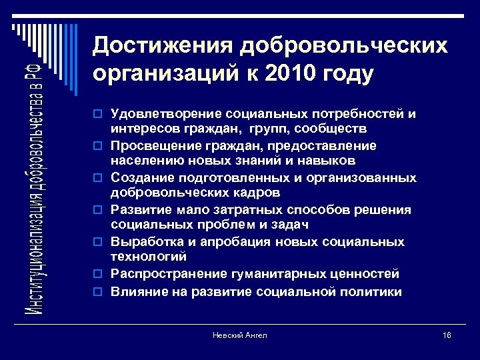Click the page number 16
tap(446, 335)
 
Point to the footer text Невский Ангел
tap(239, 335)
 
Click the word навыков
tap(329, 160)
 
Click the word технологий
tap(149, 256)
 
